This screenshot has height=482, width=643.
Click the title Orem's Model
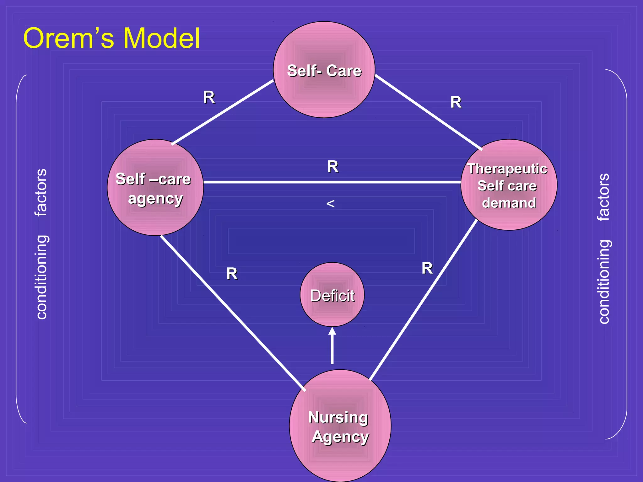pos(111,38)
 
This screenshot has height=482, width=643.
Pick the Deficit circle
pos(332,295)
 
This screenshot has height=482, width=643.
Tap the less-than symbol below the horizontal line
pos(330,204)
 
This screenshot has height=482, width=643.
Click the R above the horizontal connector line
pos(333,166)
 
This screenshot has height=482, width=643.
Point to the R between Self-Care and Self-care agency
pos(209,97)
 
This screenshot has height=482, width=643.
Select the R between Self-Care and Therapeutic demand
pos(456,102)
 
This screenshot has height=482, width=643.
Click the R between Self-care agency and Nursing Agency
pos(232,274)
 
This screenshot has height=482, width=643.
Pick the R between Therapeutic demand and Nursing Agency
pos(427,268)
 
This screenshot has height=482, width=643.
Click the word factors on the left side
pos(41,192)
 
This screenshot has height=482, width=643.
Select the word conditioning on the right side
pos(604,282)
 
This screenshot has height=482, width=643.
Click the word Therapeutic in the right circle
pos(507,169)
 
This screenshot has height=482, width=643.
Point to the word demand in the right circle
pos(509,203)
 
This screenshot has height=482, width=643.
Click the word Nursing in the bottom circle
pos(338,417)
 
